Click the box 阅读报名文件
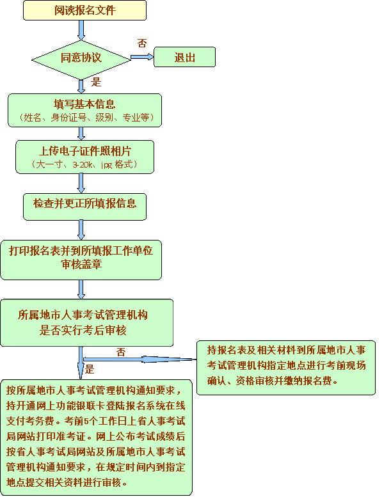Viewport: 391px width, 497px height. (84, 10)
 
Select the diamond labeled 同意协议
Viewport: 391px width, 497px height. (81, 58)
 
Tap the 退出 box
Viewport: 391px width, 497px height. (184, 57)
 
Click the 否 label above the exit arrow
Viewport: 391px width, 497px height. (142, 43)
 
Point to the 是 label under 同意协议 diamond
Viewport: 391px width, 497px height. (97, 82)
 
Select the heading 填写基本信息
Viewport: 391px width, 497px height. (84, 104)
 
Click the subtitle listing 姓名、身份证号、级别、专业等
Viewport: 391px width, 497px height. (84, 118)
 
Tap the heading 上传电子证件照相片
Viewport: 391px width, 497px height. (84, 151)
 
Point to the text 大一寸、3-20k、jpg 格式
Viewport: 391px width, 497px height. (84, 164)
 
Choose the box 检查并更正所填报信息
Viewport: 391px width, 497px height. (84, 203)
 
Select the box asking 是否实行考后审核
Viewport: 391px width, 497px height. (86, 322)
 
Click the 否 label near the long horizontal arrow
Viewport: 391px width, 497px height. (121, 351)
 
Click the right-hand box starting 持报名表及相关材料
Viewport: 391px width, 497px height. (285, 367)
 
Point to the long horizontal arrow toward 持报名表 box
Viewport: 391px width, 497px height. (141, 359)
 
